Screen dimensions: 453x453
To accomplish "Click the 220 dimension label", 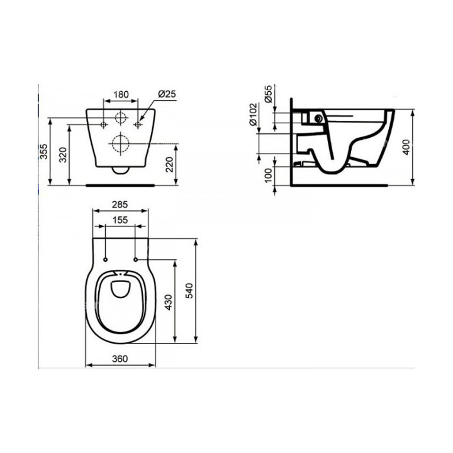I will pos(169,165).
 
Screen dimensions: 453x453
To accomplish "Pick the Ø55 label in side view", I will pos(269,95).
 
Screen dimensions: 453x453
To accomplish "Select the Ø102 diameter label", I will pos(254,115).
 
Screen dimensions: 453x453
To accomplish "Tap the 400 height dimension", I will pos(407,147).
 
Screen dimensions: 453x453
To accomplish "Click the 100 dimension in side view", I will pos(269,174).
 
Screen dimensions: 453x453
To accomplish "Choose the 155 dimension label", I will pos(121,220).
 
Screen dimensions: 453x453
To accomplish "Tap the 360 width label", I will pos(121,359).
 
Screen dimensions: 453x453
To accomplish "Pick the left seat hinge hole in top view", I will pos(105,259).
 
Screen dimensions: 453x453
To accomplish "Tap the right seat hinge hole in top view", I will pos(135,259).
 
